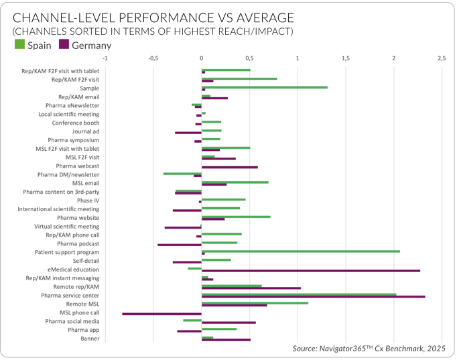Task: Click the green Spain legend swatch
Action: click(19, 45)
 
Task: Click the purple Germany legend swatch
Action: click(64, 45)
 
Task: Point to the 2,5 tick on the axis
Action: click(442, 58)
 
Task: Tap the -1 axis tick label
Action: click(105, 58)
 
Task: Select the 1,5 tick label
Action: click(346, 58)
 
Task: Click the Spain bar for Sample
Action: click(265, 87)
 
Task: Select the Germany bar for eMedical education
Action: click(311, 271)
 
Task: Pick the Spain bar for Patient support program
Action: click(301, 251)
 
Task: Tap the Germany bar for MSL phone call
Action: click(162, 314)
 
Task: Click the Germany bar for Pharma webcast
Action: click(230, 167)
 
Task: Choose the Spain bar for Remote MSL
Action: click(255, 303)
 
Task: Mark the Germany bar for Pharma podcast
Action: click(180, 245)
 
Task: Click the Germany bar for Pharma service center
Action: click(314, 296)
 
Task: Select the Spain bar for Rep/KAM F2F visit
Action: click(239, 78)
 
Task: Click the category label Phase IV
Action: click(88, 200)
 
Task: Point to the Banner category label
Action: click(90, 339)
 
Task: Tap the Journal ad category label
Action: click(85, 131)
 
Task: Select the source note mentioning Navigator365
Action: click(369, 349)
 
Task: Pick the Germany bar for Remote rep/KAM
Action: click(251, 288)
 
